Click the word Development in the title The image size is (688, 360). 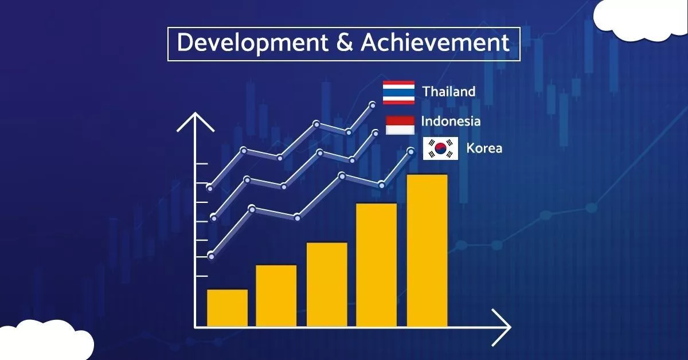252,44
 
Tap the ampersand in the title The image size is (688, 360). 345,42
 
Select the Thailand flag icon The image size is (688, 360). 398,92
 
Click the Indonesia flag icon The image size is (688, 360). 400,125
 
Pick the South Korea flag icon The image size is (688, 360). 440,148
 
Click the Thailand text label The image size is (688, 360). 449,92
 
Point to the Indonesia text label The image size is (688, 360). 451,121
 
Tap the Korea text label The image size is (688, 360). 484,148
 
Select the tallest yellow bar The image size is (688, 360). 427,251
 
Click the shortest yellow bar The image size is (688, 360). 227,308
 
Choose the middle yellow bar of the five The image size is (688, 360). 327,284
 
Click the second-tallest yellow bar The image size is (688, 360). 376,265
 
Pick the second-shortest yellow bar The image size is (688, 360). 276,296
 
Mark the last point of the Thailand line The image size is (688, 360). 373,105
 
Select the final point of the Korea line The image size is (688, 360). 411,151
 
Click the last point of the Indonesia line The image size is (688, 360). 376,134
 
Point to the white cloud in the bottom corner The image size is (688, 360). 46,341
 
